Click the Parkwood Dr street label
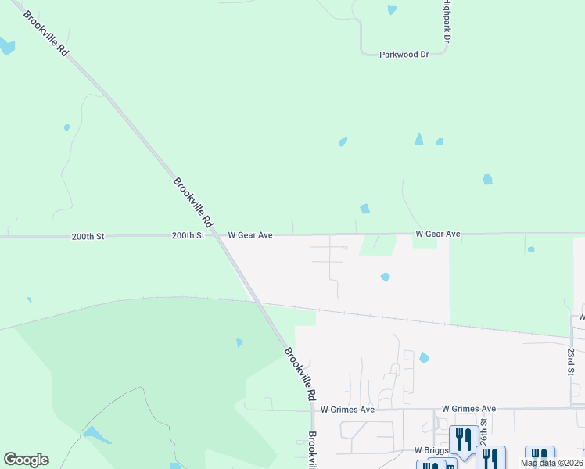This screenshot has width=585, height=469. click(x=404, y=55)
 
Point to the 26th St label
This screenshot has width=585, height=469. click(x=484, y=431)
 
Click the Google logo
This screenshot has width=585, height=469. click(x=26, y=460)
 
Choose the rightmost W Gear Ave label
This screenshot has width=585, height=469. click(x=437, y=234)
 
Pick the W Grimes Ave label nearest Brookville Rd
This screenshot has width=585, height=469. click(x=347, y=409)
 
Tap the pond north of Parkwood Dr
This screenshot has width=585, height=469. click(x=392, y=10)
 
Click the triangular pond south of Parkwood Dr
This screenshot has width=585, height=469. click(x=418, y=139)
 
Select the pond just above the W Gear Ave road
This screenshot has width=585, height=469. click(x=364, y=209)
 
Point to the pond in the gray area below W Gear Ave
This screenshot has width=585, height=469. click(x=385, y=277)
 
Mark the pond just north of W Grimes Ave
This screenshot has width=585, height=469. click(x=424, y=357)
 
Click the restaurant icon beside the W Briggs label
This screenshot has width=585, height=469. click(x=464, y=439)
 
